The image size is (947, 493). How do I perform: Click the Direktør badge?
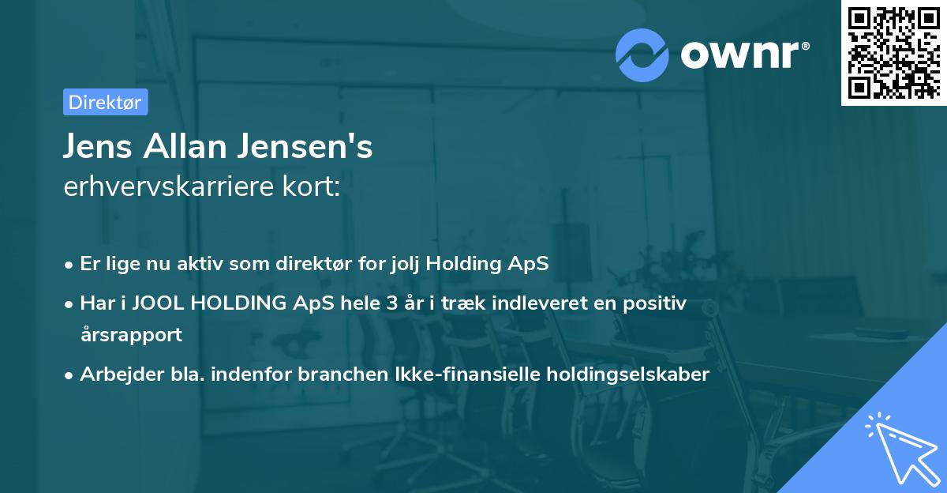[105, 102]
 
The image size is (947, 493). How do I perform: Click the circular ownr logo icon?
[642, 55]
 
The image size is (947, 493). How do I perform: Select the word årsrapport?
[131, 334]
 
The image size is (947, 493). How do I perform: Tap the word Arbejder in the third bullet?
[114, 374]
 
